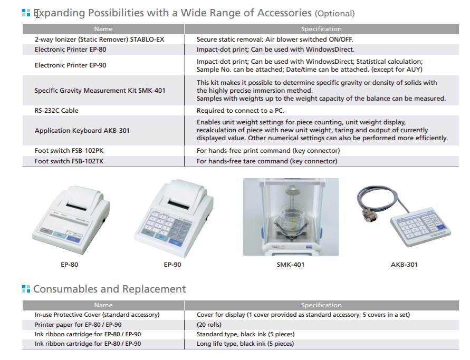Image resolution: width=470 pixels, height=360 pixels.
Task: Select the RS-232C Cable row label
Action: pyautogui.click(x=56, y=111)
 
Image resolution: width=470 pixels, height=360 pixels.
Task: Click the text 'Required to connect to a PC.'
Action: pyautogui.click(x=241, y=111)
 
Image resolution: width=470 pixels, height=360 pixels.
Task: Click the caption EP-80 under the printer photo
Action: pyautogui.click(x=69, y=265)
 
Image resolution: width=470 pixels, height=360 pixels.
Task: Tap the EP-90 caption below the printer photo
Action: pyautogui.click(x=172, y=265)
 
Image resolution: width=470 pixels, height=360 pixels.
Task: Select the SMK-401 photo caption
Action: pyautogui.click(x=291, y=265)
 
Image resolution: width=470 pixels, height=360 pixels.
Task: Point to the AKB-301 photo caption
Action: pyautogui.click(x=404, y=265)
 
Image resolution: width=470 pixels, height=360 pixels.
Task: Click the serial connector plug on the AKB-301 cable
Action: pyautogui.click(x=369, y=216)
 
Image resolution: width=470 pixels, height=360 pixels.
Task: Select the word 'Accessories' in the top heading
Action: pyautogui.click(x=284, y=13)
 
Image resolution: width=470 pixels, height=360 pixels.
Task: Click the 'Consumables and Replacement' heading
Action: pyautogui.click(x=109, y=289)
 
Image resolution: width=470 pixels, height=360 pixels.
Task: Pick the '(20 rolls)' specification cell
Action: pyautogui.click(x=209, y=325)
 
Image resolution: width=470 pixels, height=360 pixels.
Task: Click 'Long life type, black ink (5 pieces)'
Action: pyautogui.click(x=245, y=344)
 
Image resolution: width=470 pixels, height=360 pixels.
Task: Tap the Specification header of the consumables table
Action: pyautogui.click(x=321, y=305)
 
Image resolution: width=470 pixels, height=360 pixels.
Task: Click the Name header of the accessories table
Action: pyautogui.click(x=103, y=29)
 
